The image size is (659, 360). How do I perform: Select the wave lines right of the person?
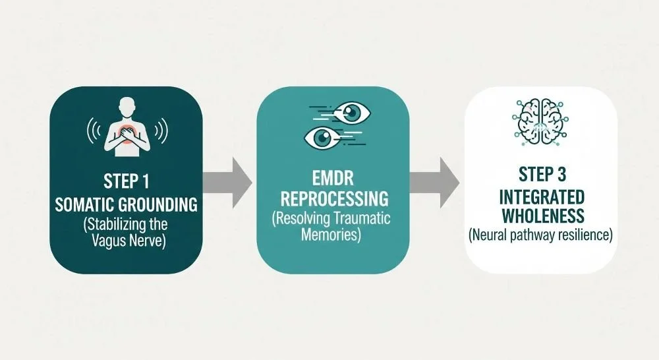tap(163, 131)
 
